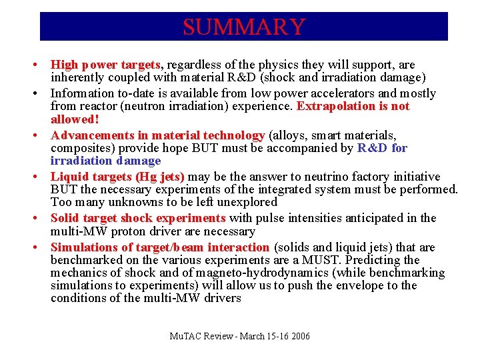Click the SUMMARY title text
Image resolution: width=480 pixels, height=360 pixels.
click(x=243, y=27)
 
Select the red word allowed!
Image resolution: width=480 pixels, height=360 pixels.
click(x=75, y=119)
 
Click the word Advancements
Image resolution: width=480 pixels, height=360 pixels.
click(x=91, y=135)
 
